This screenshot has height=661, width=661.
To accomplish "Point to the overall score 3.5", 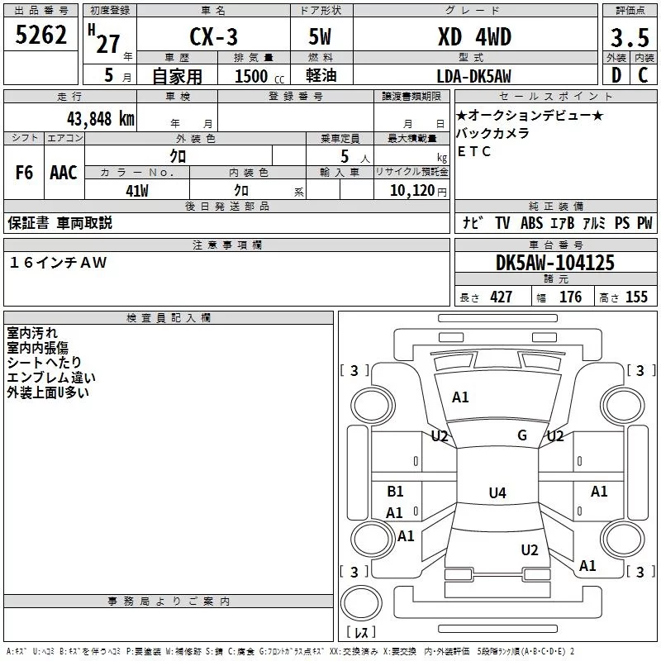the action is [x=628, y=38].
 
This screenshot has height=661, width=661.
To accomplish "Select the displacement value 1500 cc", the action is [x=253, y=77].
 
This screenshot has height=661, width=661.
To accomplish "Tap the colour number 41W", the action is [x=137, y=190].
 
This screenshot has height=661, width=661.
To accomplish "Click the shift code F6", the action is [x=25, y=173].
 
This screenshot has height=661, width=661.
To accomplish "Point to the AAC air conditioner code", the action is [x=63, y=173].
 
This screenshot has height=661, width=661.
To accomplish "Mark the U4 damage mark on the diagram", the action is [x=497, y=493].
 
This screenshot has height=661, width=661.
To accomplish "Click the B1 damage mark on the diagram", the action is [x=395, y=492].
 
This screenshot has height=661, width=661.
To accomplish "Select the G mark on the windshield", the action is [x=521, y=435].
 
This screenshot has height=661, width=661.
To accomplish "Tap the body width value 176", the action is [x=570, y=297].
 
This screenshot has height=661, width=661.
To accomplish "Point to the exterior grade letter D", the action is [x=616, y=77].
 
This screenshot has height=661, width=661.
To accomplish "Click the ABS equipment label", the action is [x=531, y=223].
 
